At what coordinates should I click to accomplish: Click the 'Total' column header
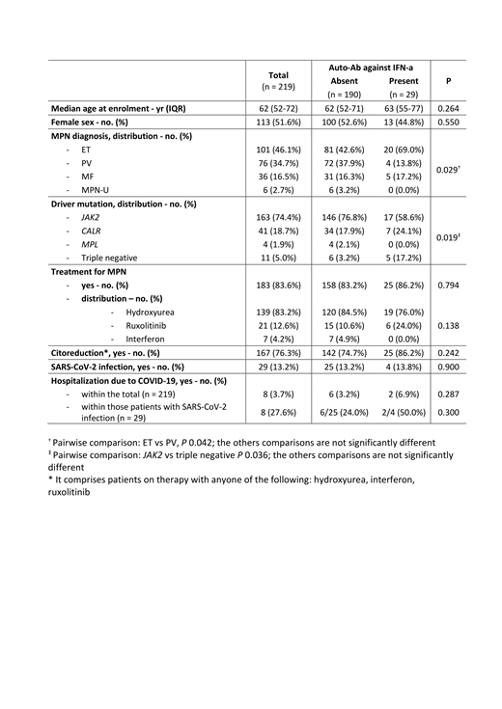pyautogui.click(x=278, y=74)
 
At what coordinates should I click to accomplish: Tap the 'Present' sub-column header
pyautogui.click(x=403, y=82)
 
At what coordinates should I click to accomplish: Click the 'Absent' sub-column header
pyautogui.click(x=345, y=82)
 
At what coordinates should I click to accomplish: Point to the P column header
pyautogui.click(x=449, y=82)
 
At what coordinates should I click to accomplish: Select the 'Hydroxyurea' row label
pyautogui.click(x=147, y=313)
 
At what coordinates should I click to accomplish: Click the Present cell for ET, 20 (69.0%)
pyautogui.click(x=403, y=150)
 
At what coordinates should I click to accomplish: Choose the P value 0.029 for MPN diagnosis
pyautogui.click(x=448, y=170)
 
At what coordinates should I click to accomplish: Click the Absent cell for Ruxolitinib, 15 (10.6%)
pyautogui.click(x=345, y=326)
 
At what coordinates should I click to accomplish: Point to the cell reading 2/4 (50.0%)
pyautogui.click(x=403, y=413)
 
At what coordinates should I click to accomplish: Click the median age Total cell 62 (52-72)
pyautogui.click(x=278, y=109)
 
